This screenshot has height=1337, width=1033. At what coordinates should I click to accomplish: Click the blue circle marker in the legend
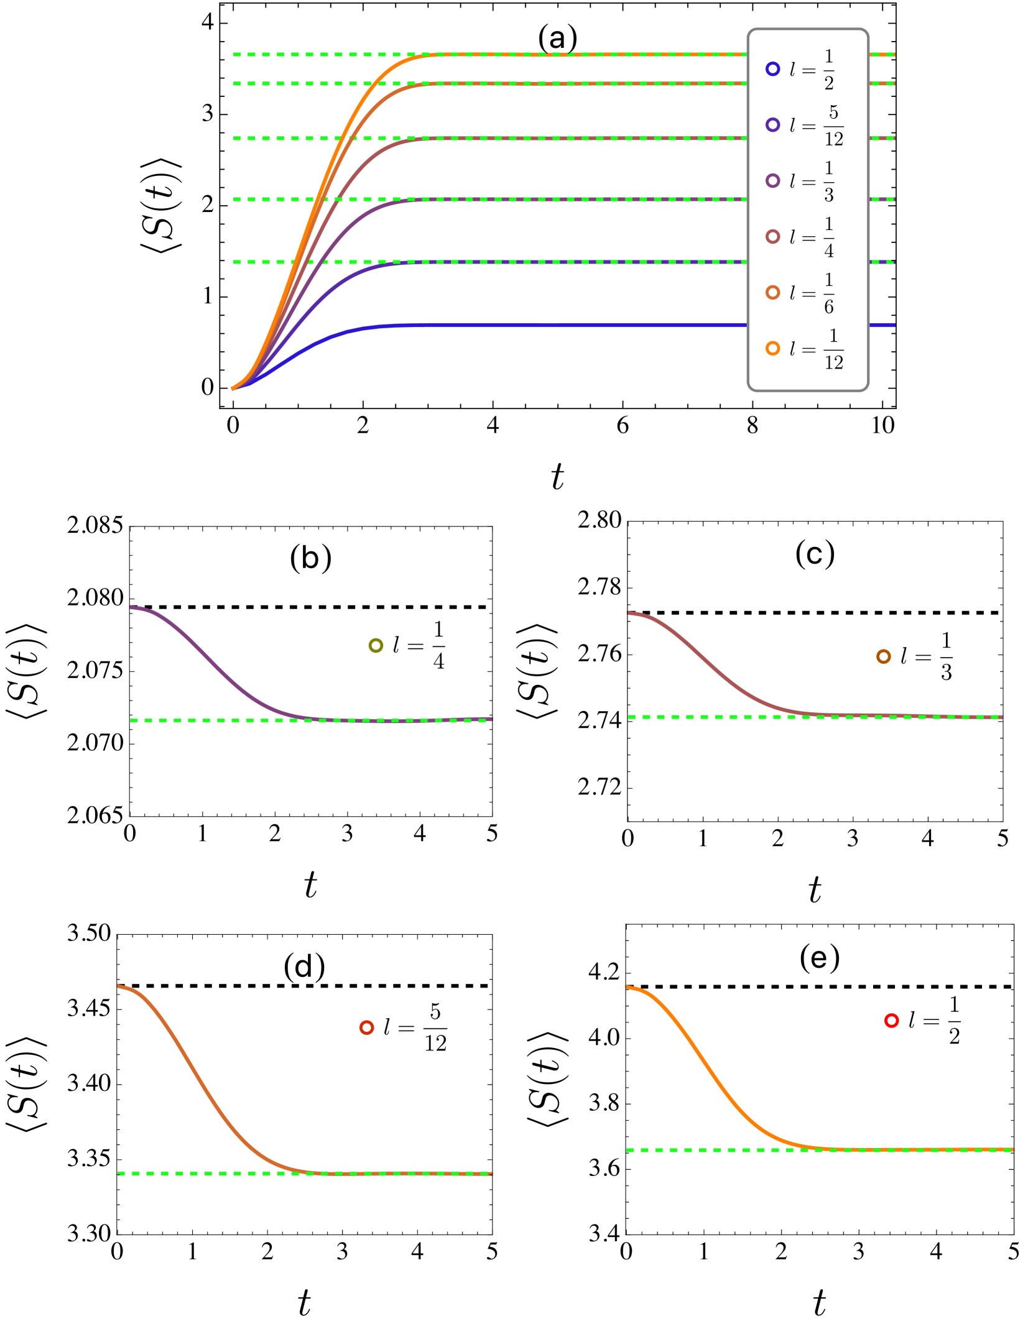click(772, 69)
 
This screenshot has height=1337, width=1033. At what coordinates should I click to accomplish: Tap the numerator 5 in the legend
click(833, 113)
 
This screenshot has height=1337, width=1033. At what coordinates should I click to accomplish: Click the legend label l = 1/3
click(812, 181)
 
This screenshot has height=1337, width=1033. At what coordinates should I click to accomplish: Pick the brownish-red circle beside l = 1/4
click(772, 237)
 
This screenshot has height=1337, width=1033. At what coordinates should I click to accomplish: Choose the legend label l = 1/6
click(812, 293)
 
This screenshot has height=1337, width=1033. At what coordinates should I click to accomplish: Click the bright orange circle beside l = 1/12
click(772, 349)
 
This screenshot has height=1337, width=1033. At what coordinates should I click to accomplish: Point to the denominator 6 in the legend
click(829, 306)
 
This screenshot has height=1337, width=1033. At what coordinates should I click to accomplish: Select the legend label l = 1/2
click(812, 69)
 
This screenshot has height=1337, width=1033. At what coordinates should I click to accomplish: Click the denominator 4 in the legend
click(829, 250)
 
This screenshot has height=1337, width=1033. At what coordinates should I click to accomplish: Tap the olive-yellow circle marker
click(376, 646)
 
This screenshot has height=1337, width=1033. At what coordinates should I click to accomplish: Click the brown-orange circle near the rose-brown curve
click(883, 656)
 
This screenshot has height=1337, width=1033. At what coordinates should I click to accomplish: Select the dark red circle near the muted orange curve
click(366, 1027)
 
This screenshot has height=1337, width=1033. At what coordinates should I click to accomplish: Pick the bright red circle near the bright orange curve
click(891, 1020)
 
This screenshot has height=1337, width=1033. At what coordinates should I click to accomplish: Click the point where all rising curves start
click(233, 389)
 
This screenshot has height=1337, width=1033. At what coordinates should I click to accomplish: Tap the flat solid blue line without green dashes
click(560, 325)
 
